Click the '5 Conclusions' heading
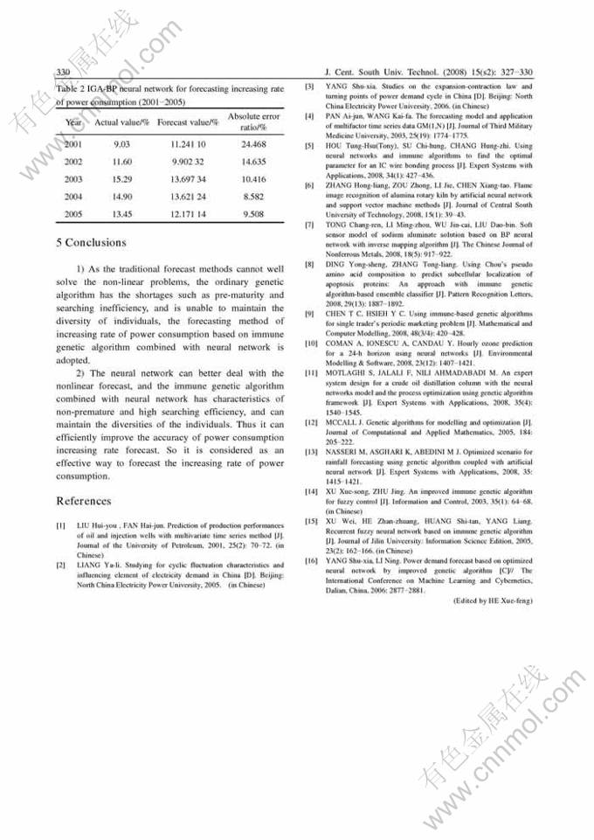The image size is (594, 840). [x=91, y=242]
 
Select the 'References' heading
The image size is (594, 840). [x=84, y=501]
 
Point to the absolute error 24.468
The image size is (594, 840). [x=253, y=144]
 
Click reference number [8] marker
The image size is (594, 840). [x=309, y=264]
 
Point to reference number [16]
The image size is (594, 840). [x=309, y=559]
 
